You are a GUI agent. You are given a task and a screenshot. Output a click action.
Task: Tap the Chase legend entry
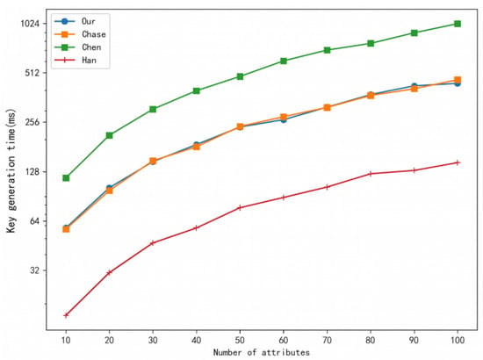[80, 34]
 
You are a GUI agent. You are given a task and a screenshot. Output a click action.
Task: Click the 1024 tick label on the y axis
[30, 24]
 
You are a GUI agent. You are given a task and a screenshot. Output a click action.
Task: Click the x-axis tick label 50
[240, 340]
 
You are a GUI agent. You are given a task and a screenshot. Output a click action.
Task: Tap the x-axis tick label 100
[458, 340]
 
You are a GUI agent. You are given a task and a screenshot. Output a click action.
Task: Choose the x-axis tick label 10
[66, 340]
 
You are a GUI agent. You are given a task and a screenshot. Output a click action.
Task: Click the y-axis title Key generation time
[11, 170]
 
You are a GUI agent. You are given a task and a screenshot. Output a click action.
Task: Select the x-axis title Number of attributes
[262, 352]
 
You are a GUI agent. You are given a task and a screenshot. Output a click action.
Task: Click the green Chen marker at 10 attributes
[66, 178]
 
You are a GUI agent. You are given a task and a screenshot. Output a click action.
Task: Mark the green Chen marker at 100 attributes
[458, 24]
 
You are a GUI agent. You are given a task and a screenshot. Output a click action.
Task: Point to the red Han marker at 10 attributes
[66, 315]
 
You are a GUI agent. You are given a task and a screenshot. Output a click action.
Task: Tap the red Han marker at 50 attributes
[240, 208]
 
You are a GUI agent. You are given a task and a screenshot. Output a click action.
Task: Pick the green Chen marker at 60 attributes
[284, 61]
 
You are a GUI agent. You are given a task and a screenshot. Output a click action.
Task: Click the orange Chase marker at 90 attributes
[415, 89]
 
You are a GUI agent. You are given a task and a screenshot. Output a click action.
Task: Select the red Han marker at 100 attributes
[458, 162]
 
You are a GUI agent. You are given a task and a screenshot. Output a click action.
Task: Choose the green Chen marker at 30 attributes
[153, 110]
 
